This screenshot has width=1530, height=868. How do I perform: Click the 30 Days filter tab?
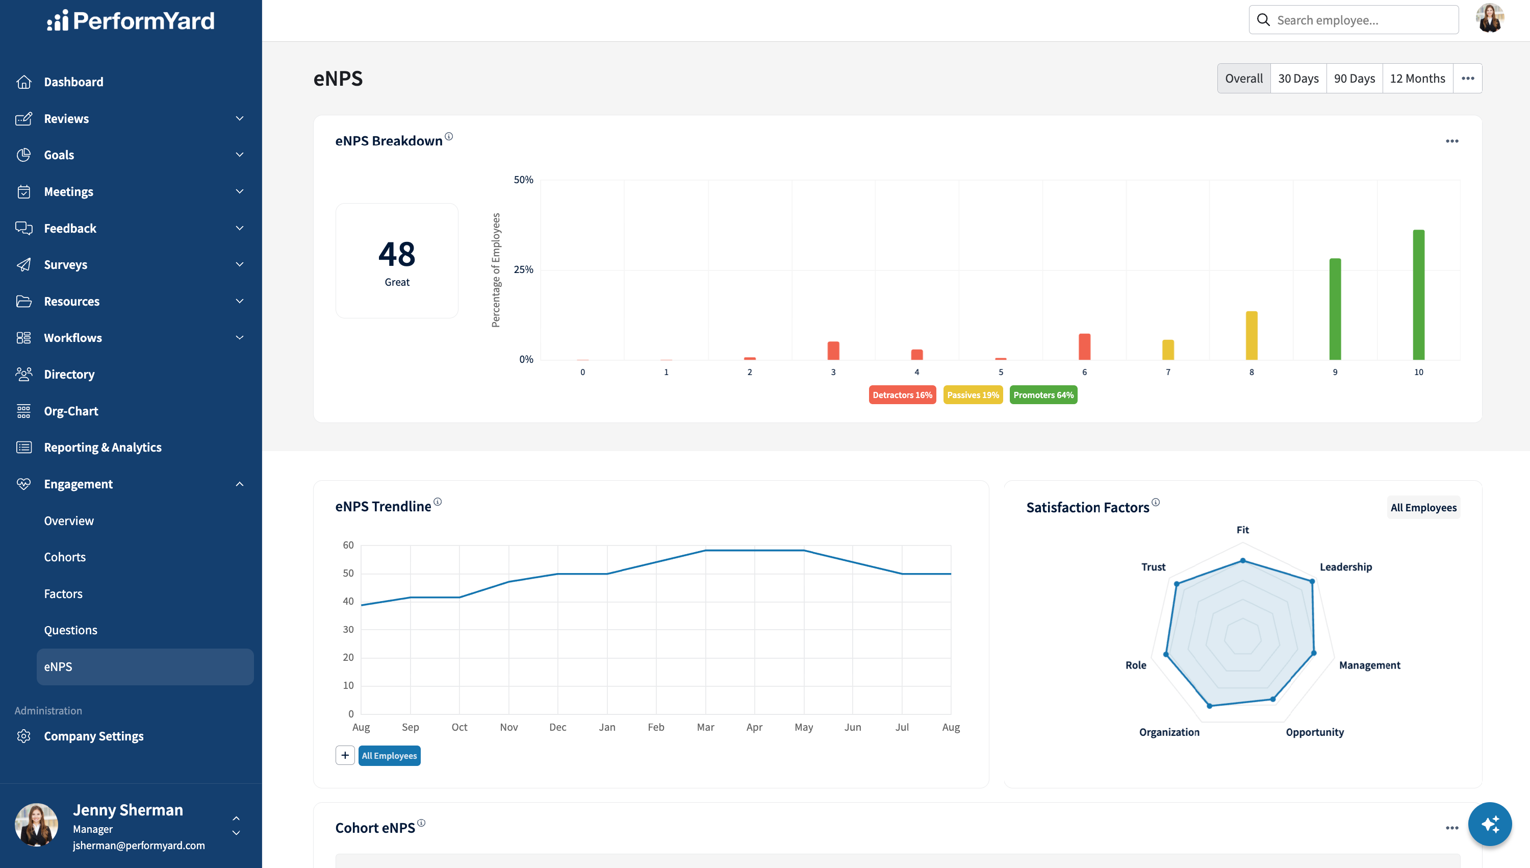pos(1298,78)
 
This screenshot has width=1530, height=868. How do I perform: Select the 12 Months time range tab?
pos(1417,78)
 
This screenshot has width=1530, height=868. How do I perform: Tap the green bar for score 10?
pos(1419,294)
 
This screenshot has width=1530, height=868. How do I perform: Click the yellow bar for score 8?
pos(1252,335)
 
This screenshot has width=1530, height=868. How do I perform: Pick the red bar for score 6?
pos(1084,346)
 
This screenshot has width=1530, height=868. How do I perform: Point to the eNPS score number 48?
pos(397,254)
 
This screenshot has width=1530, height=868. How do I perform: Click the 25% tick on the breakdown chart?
pos(523,269)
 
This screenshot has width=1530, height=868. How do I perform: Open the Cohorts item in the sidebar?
pos(65,557)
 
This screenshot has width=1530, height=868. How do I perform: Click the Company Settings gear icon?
pos(24,736)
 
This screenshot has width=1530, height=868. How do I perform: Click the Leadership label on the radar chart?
pos(1345,566)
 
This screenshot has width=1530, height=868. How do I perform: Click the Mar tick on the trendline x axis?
pos(705,727)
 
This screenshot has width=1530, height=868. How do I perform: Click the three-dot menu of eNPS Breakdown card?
pos(1452,141)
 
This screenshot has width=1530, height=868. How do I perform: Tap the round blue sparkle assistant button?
pos(1490,824)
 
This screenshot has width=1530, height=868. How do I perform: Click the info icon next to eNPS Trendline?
pos(437,502)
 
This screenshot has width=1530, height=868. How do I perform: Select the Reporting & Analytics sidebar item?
pos(103,447)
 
